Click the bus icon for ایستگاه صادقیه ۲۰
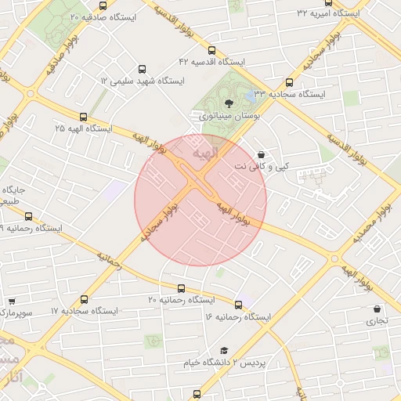pyautogui.click(x=103, y=5)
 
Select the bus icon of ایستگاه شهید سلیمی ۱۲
pyautogui.click(x=141, y=69)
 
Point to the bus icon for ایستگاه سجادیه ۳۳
pyautogui.click(x=290, y=82)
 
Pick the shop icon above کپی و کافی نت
pyautogui.click(x=261, y=154)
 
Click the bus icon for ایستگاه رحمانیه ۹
pyautogui.click(x=29, y=217)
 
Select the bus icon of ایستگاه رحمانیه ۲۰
pyautogui.click(x=182, y=288)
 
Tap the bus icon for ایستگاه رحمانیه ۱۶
pyautogui.click(x=238, y=305)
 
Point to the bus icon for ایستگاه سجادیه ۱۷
pyautogui.click(x=84, y=299)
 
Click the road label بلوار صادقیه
pyautogui.click(x=49, y=57)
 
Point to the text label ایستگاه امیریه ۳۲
pyautogui.click(x=328, y=14)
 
